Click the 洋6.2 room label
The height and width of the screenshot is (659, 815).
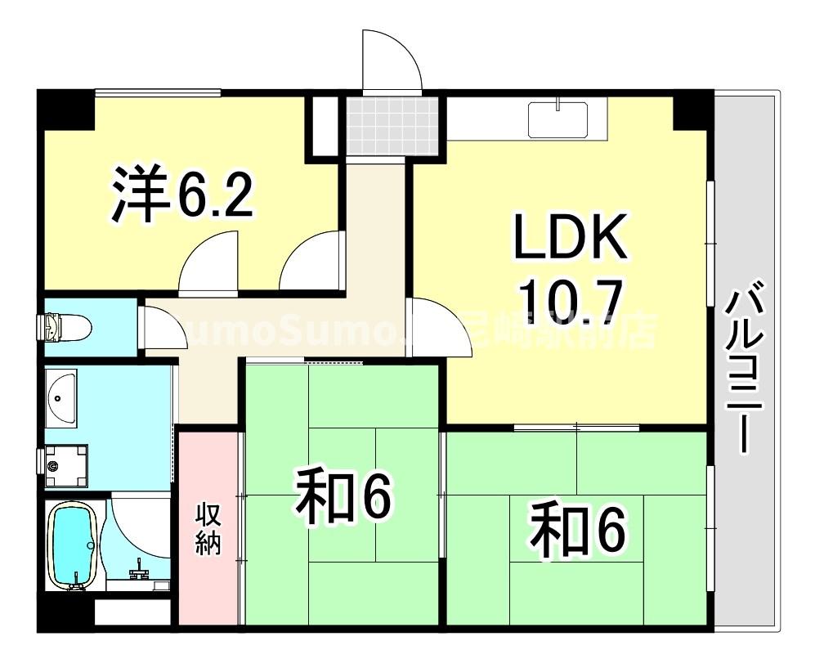[x=182, y=194]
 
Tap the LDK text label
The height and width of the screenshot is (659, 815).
[x=571, y=237]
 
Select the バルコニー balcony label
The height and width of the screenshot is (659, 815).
[x=747, y=368]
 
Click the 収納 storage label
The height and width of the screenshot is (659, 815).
[x=208, y=531]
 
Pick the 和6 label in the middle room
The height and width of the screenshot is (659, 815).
[x=344, y=495]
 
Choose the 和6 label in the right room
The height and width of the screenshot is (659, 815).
[x=578, y=531]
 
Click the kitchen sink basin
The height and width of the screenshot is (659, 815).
[x=560, y=120]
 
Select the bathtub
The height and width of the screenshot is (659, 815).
[x=74, y=545]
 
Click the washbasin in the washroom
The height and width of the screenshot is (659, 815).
[x=60, y=398]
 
